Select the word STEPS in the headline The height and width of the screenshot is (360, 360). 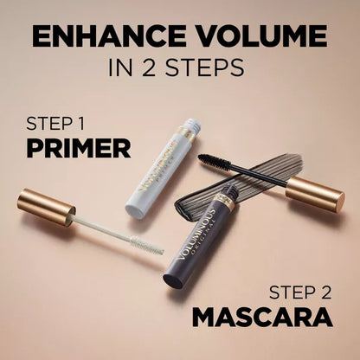(x=207, y=69)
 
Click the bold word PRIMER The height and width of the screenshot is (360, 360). (x=79, y=147)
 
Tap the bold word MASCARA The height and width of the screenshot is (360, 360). (x=262, y=315)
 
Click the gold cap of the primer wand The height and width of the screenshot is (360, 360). (x=46, y=209)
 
